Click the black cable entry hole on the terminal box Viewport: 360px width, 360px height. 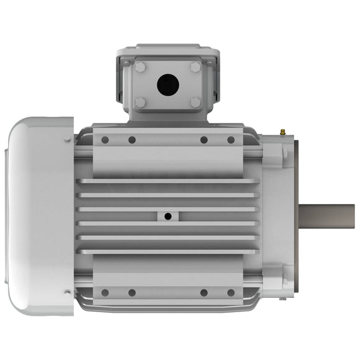tap(168, 85)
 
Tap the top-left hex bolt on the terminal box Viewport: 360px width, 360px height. tap(140, 67)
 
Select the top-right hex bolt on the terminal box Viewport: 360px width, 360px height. tap(196, 67)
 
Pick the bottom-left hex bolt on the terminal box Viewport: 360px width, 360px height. tap(140, 102)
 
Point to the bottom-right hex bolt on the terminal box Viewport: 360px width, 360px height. tap(196, 102)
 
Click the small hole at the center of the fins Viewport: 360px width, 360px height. tap(168, 216)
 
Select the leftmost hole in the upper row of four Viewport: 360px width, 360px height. tap(105, 140)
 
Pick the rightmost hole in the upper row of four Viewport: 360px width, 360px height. tap(231, 140)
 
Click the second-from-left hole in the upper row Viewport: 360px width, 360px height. tap(132, 140)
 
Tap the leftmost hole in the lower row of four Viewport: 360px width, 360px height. tap(105, 292)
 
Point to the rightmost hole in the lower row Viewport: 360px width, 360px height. tap(231, 292)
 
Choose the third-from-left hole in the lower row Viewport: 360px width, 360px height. tap(204, 292)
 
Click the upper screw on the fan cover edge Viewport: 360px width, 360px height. tap(67, 140)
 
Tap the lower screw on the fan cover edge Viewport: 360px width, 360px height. tap(67, 292)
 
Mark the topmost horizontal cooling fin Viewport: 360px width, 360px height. tap(168, 181)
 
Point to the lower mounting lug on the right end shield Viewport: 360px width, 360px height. tap(274, 279)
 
